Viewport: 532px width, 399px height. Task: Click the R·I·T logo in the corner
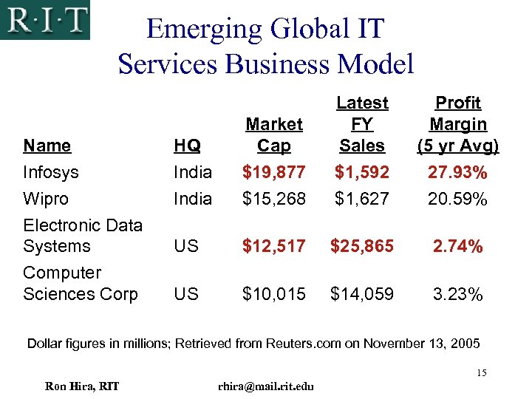(x=45, y=20)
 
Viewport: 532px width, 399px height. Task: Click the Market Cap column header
(x=274, y=134)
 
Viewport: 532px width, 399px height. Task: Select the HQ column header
(x=186, y=146)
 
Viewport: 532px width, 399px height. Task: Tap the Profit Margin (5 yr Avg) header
(x=458, y=124)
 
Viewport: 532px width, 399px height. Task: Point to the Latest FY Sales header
(x=362, y=124)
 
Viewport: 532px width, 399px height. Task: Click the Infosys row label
(x=51, y=172)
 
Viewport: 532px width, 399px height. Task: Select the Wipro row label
(x=46, y=199)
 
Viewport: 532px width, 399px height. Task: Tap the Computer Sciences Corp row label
(x=80, y=283)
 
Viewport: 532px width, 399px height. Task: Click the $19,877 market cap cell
(x=274, y=172)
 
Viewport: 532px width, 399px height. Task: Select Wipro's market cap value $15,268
(x=274, y=199)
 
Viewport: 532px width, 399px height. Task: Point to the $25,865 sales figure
(x=362, y=246)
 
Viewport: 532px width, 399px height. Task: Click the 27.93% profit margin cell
(x=458, y=172)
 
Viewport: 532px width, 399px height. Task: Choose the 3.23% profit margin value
(x=458, y=294)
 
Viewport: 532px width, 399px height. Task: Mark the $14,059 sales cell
(x=362, y=294)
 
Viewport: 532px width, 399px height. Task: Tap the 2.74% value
(x=458, y=246)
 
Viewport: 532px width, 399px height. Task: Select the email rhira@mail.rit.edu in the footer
(x=266, y=386)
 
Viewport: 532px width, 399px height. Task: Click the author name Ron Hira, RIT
(x=82, y=386)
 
